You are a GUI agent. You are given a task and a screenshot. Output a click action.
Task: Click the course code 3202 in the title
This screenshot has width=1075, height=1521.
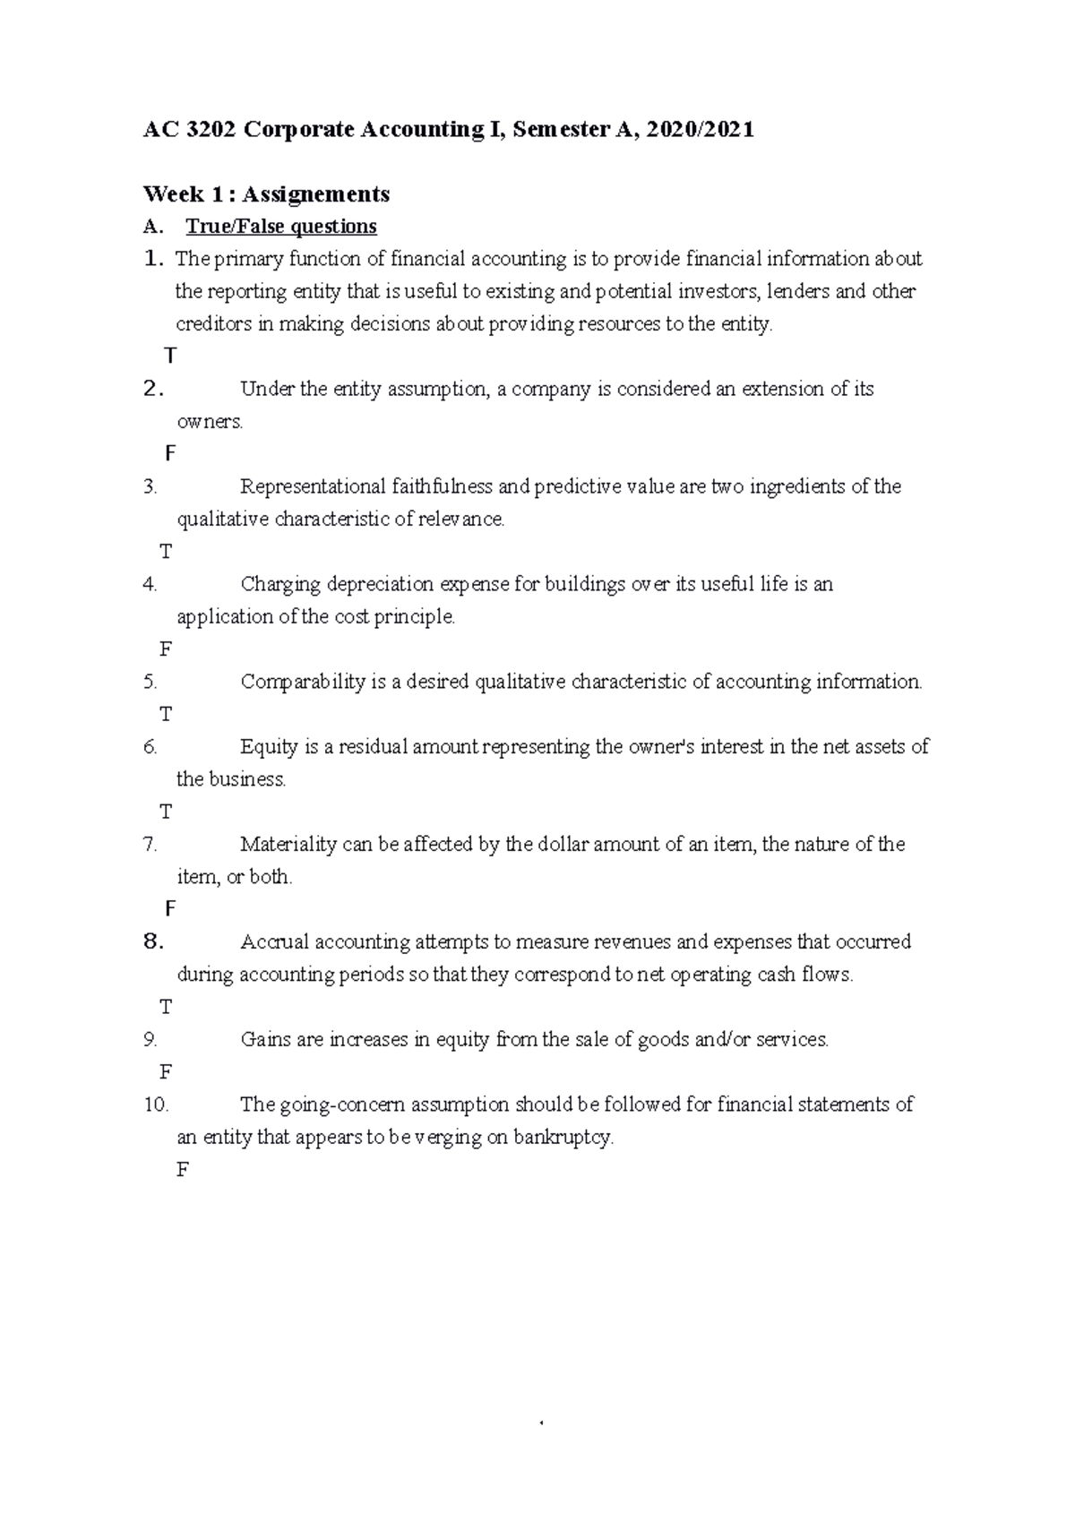pyautogui.click(x=208, y=130)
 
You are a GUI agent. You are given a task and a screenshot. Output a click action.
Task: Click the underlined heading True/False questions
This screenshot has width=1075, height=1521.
pyautogui.click(x=281, y=227)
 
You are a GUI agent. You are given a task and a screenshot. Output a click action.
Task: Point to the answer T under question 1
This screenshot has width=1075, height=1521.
pyautogui.click(x=170, y=357)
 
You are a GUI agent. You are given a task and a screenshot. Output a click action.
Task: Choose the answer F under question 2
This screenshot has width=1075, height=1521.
pyautogui.click(x=170, y=454)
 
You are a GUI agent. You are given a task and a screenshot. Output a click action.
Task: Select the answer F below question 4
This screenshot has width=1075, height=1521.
pyautogui.click(x=166, y=649)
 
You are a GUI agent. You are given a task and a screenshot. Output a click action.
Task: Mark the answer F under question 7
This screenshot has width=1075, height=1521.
pyautogui.click(x=170, y=909)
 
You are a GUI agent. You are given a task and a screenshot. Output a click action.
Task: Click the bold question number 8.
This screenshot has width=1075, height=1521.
pyautogui.click(x=153, y=941)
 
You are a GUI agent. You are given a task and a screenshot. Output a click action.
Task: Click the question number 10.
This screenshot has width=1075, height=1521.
pyautogui.click(x=156, y=1104)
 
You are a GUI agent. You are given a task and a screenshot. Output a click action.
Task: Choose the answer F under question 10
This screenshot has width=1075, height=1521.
pyautogui.click(x=183, y=1170)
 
